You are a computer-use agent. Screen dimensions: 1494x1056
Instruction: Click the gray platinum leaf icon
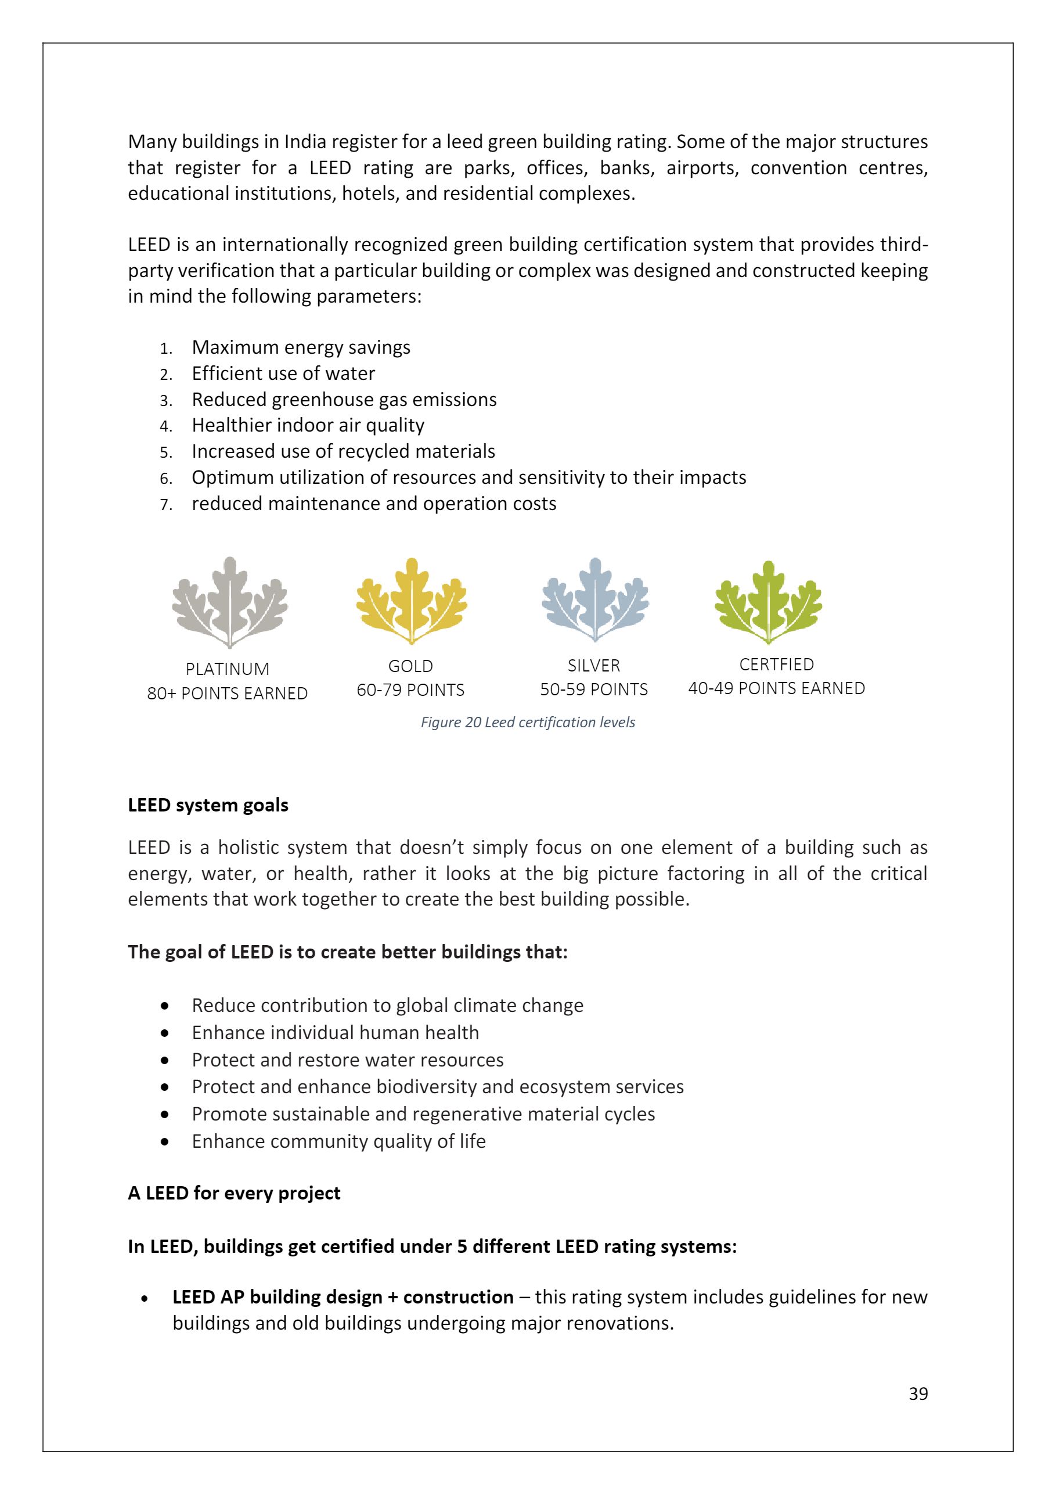[229, 602]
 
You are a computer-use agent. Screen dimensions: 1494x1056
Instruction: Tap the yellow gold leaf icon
[411, 601]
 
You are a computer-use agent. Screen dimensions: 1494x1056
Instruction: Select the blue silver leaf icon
[594, 600]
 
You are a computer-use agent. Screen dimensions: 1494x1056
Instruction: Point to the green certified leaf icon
[768, 602]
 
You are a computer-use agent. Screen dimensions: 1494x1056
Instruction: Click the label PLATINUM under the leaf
[227, 669]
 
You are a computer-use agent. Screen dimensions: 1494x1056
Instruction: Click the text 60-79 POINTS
[410, 689]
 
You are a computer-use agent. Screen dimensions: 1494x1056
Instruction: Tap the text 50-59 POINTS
[594, 689]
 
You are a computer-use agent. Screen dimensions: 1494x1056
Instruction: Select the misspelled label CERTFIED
[776, 665]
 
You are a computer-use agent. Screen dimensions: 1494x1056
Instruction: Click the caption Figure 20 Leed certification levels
[527, 722]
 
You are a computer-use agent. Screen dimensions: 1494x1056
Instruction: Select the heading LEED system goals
[208, 805]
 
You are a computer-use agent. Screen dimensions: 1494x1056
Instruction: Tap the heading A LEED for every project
[234, 1193]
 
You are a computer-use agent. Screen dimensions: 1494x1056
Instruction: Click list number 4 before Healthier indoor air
[166, 426]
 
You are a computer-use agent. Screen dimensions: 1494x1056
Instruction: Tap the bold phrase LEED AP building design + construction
[343, 1297]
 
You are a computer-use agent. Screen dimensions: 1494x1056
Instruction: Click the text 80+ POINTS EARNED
[227, 693]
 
